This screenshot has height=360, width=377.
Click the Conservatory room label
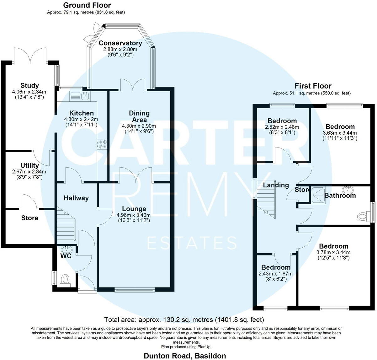120,43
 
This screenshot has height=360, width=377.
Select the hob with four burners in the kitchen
102,144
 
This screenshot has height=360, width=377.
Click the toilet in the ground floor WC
65,279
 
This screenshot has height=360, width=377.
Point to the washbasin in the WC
67,250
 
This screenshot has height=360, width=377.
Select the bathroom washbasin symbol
348,190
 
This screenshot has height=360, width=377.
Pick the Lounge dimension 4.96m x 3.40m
134,215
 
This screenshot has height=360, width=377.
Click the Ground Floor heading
87,5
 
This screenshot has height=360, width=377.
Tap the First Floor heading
313,86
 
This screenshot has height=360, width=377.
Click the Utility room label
30,165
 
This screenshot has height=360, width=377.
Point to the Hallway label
76,198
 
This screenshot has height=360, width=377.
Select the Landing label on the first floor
276,185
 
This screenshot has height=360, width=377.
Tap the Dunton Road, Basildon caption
185,356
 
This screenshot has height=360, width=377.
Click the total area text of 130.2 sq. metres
184,320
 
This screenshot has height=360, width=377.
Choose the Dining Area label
139,116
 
